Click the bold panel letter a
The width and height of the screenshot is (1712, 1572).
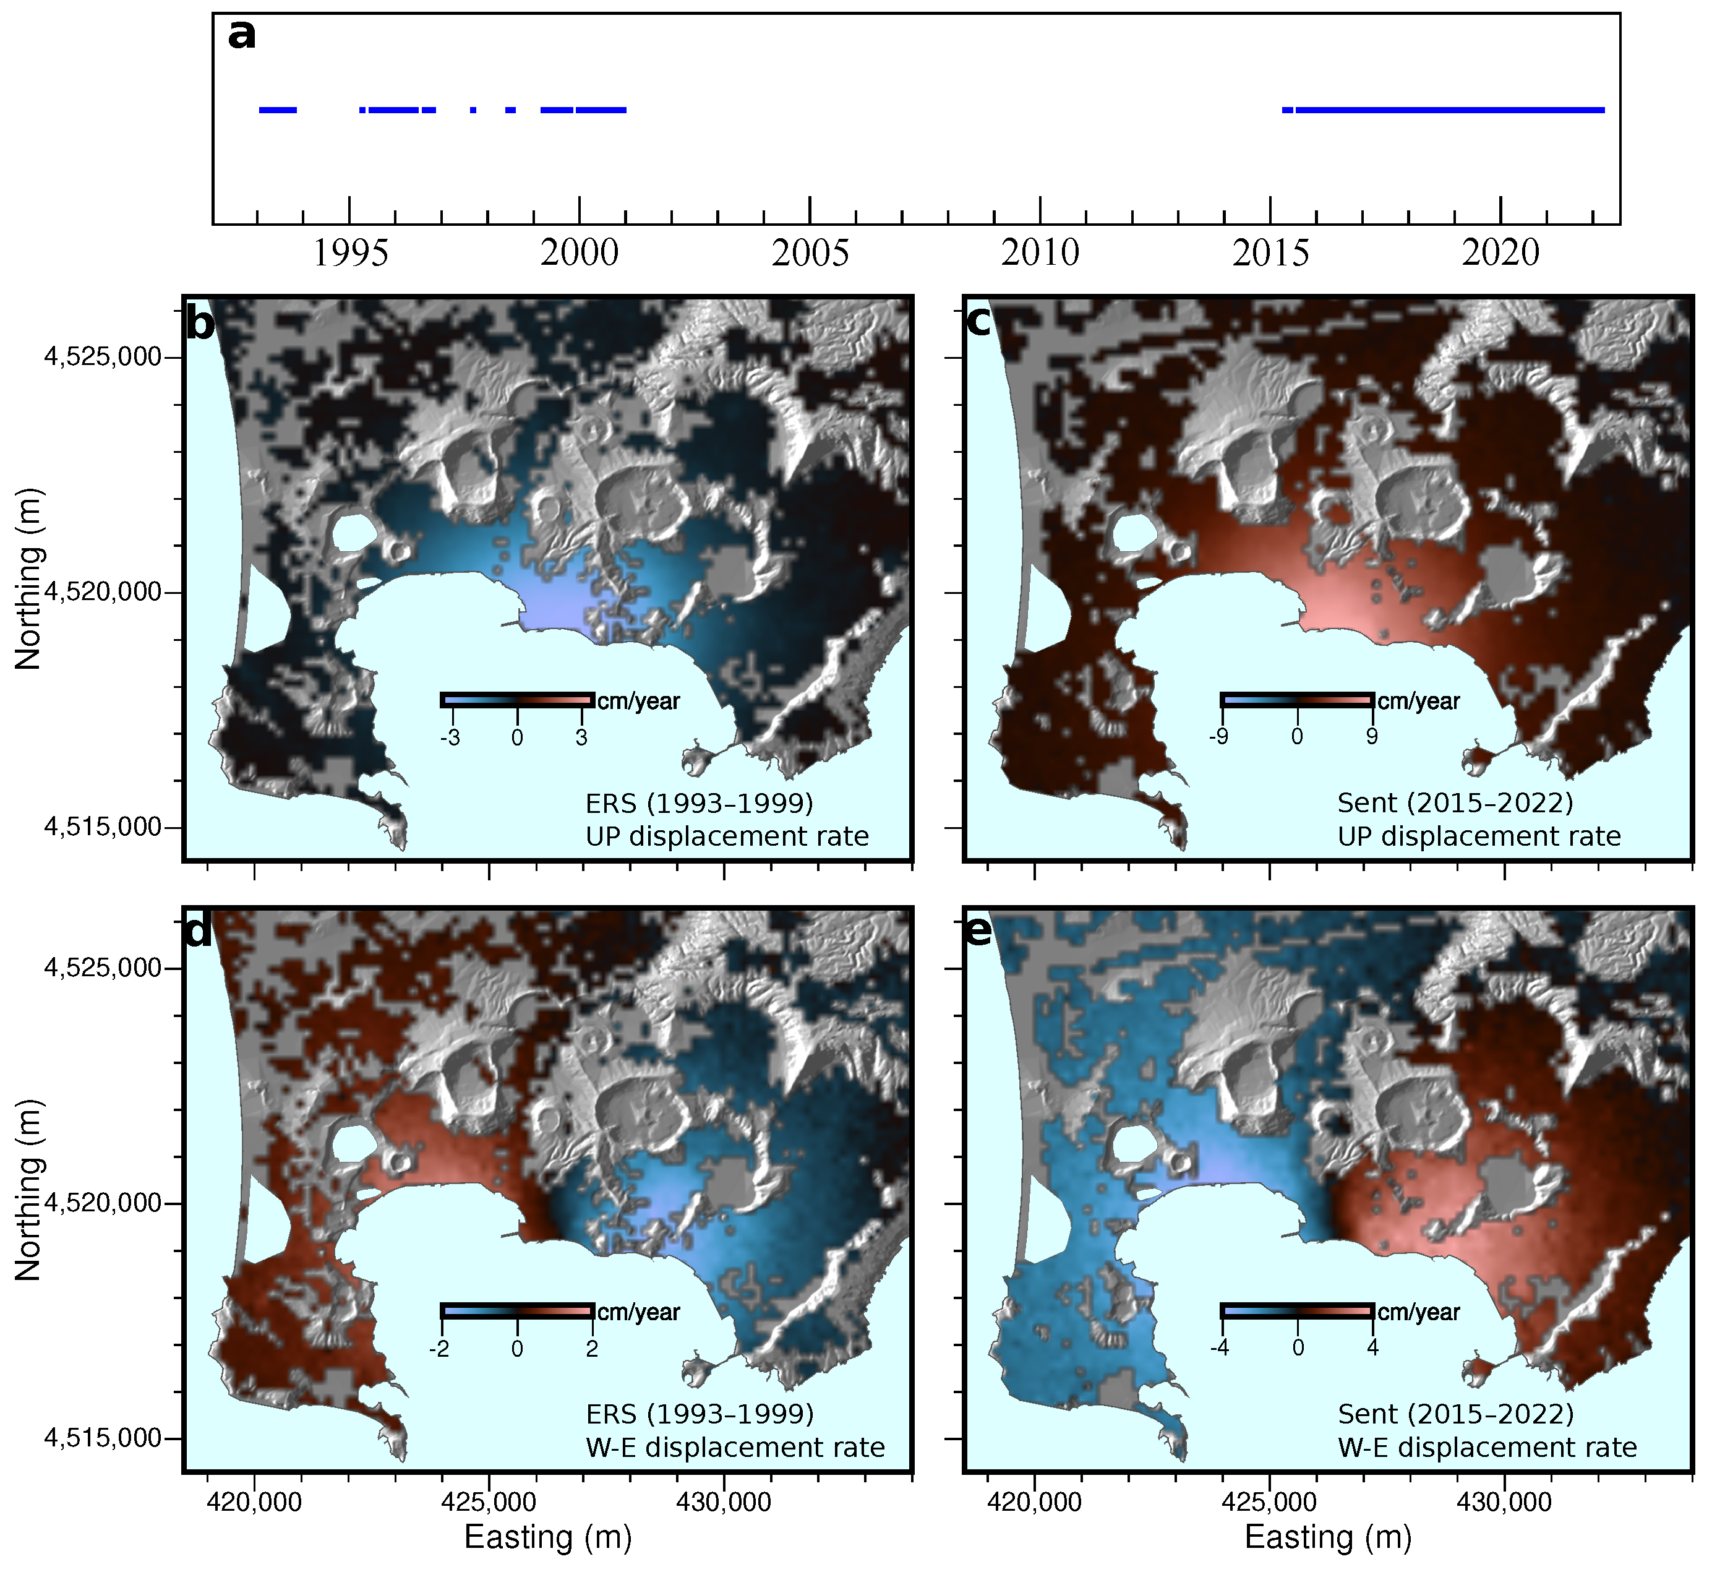(242, 36)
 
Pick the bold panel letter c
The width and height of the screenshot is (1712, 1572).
(980, 322)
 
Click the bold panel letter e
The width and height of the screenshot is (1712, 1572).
(980, 932)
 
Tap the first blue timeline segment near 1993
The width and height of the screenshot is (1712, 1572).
(277, 110)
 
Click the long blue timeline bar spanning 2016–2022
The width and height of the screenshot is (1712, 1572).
(1449, 110)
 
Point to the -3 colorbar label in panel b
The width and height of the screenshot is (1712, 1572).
(450, 737)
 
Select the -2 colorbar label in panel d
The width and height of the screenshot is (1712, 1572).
(439, 1348)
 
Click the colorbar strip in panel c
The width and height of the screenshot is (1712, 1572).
(1297, 700)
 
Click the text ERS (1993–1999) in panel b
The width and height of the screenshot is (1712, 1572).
(699, 804)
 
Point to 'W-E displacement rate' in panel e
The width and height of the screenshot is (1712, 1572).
(1487, 1448)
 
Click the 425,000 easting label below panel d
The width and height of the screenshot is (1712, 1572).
(488, 1502)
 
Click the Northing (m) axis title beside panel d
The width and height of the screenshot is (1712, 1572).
(28, 1191)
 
